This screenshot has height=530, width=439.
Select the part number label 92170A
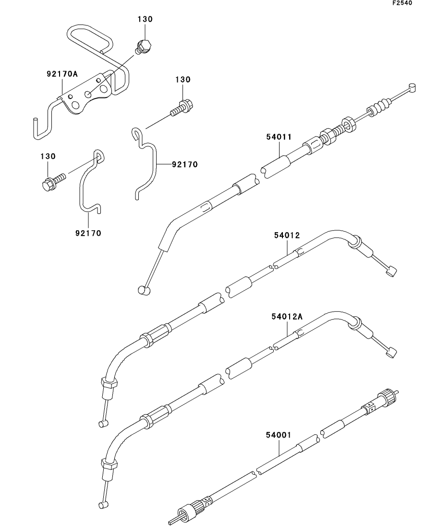tap(62, 74)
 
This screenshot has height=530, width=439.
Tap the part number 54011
tap(279, 137)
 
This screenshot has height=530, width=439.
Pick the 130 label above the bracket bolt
tap(145, 19)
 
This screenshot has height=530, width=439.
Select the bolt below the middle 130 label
tap(182, 107)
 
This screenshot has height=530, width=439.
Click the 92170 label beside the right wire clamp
tap(184, 164)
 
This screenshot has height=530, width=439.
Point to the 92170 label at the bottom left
tap(88, 234)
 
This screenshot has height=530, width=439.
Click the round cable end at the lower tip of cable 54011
tap(142, 289)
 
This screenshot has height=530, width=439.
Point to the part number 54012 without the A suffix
tap(287, 235)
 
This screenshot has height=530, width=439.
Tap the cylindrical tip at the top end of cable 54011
tap(412, 86)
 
